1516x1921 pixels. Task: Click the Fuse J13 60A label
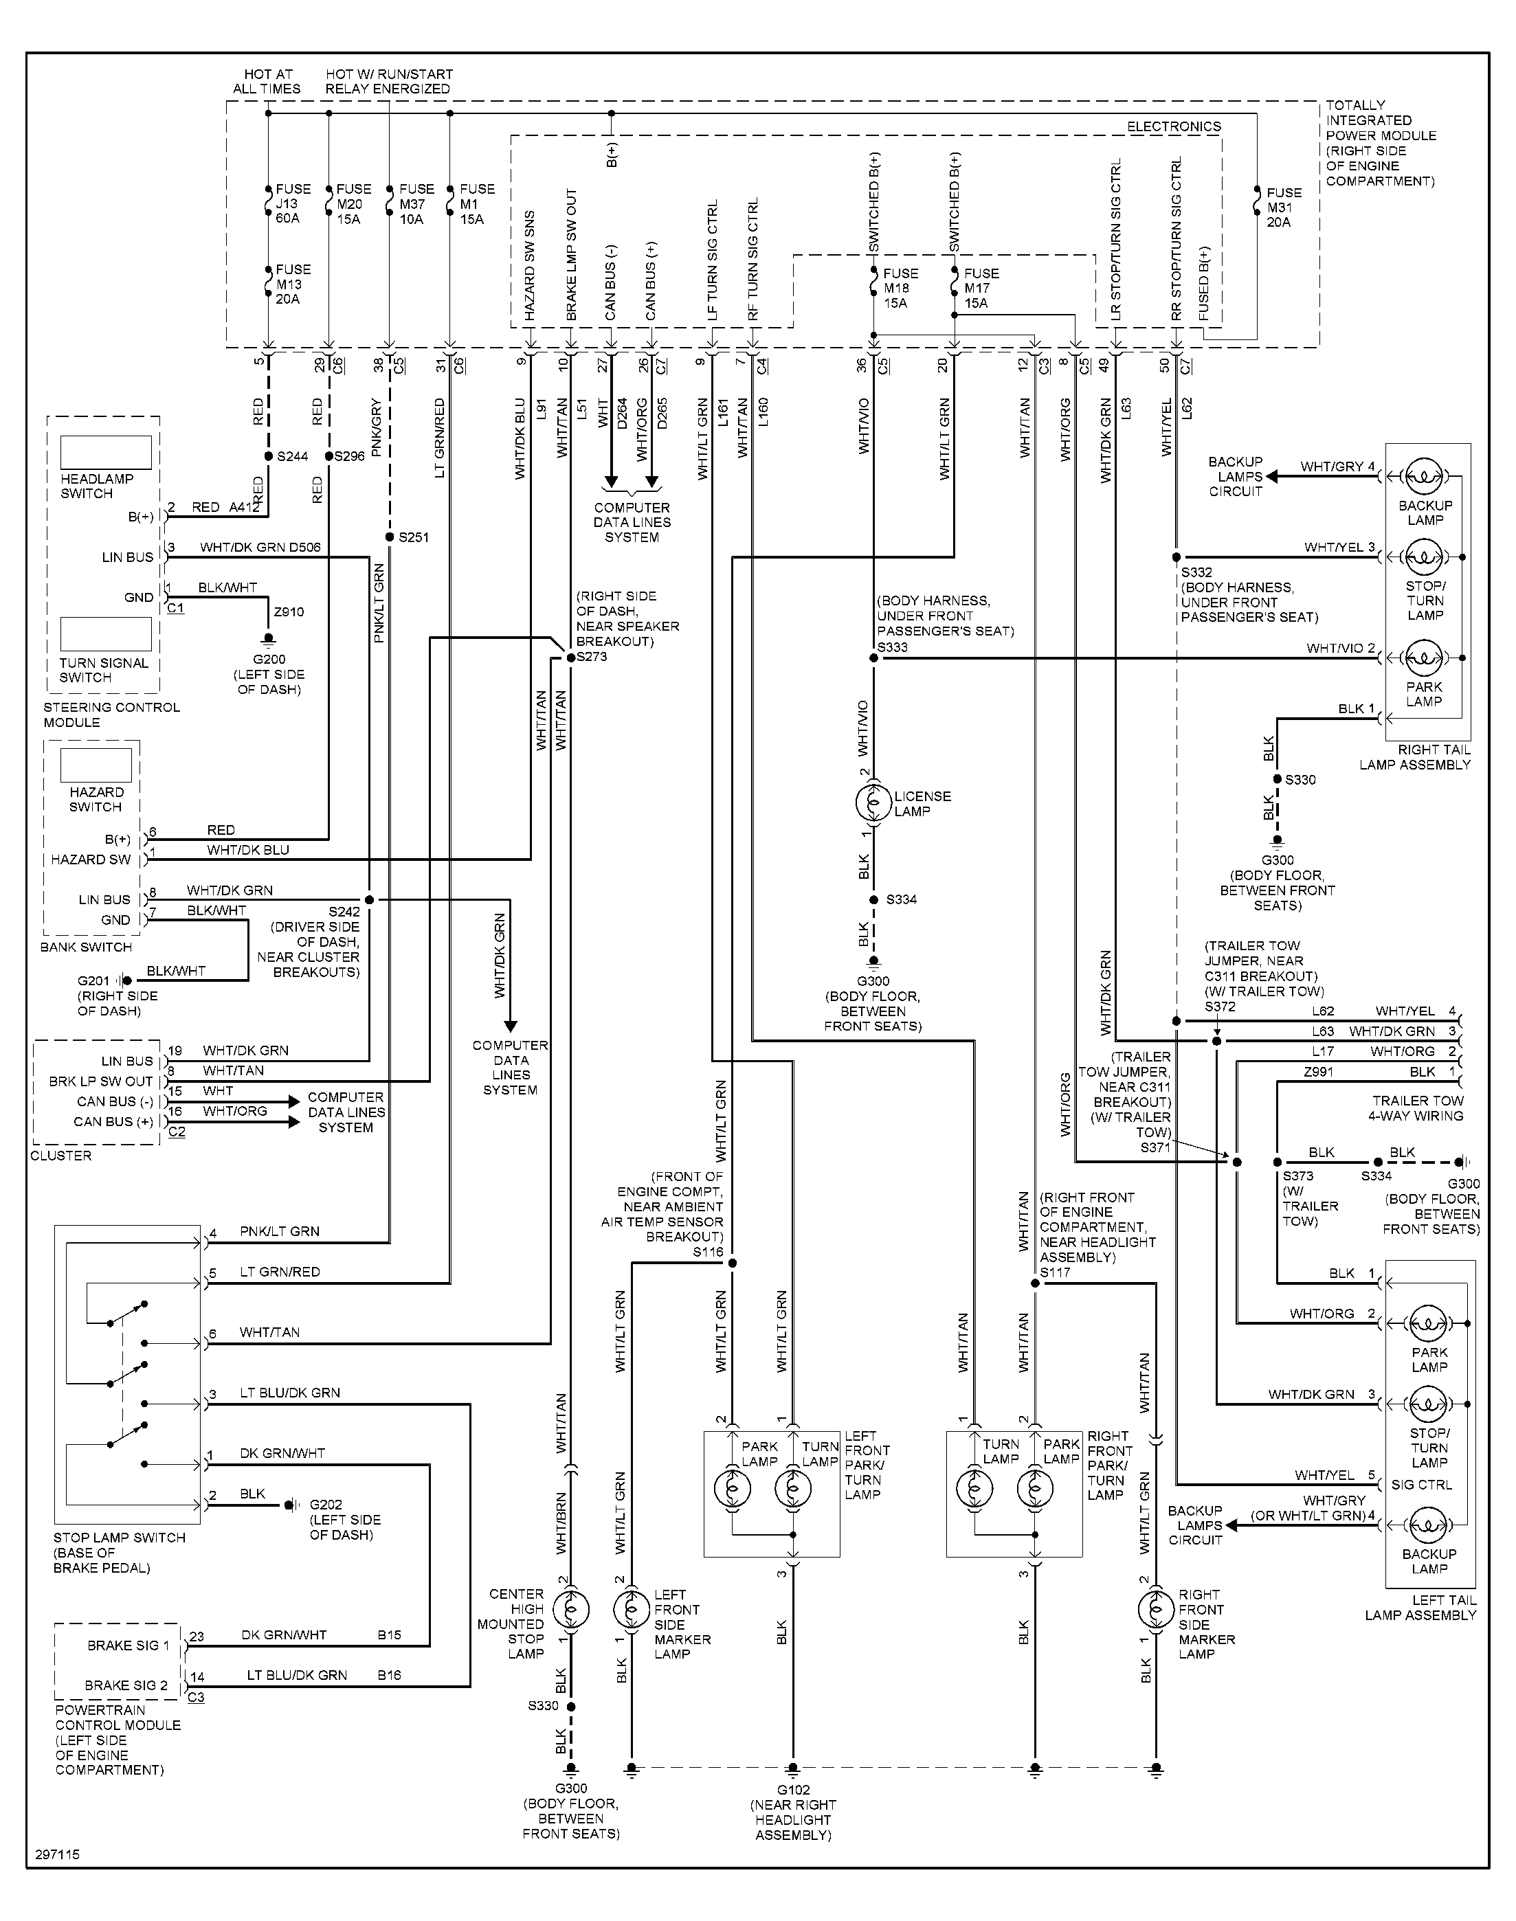[x=292, y=203]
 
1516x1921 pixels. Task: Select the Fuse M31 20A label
[x=1284, y=207]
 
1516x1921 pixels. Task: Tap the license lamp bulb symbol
[x=873, y=803]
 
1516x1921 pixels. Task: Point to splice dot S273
[x=570, y=658]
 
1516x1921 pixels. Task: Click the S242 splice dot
[x=369, y=900]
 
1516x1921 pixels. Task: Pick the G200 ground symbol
[x=268, y=639]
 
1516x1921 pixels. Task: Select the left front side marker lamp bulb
[x=632, y=1608]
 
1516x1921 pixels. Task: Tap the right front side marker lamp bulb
[x=1156, y=1608]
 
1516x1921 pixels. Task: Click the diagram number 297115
[x=58, y=1854]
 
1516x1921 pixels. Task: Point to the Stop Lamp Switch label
[x=119, y=1538]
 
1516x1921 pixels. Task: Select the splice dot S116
[x=733, y=1263]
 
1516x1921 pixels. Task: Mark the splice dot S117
[x=1035, y=1283]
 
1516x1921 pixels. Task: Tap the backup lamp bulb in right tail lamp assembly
[x=1425, y=477]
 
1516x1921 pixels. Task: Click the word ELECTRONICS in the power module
[x=1173, y=127]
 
